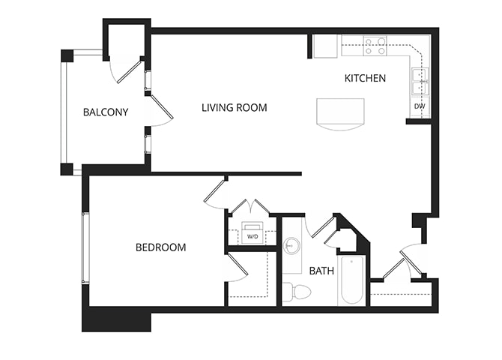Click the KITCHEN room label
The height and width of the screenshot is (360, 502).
pyautogui.click(x=365, y=78)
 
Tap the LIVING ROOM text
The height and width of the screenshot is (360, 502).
pyautogui.click(x=234, y=107)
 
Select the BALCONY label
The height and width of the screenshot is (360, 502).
pyautogui.click(x=106, y=112)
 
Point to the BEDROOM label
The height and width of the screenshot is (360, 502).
pyautogui.click(x=160, y=247)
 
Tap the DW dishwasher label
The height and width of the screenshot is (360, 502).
pyautogui.click(x=420, y=106)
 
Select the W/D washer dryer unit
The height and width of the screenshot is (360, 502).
pyautogui.click(x=252, y=234)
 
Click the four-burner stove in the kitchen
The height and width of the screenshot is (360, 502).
pyautogui.click(x=375, y=46)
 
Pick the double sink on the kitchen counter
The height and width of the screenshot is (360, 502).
pyautogui.click(x=419, y=81)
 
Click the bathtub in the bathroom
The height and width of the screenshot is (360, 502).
pyautogui.click(x=351, y=280)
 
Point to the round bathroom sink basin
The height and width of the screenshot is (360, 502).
pyautogui.click(x=293, y=244)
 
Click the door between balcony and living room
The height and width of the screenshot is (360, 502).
pyautogui.click(x=161, y=107)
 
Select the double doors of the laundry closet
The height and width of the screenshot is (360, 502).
pyautogui.click(x=248, y=205)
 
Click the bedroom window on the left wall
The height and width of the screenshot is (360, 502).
pyautogui.click(x=85, y=247)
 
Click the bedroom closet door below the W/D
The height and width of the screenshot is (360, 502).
pyautogui.click(x=238, y=267)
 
